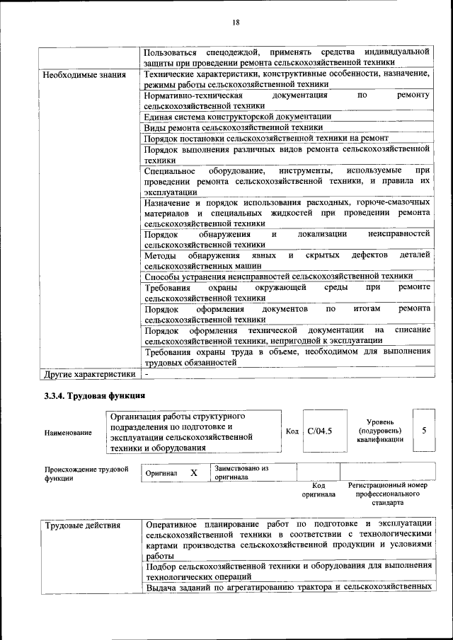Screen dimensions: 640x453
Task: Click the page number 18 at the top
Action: coord(236,23)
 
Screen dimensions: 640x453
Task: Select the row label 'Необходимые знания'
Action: coord(84,74)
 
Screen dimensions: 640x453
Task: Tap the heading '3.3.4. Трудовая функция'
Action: coord(94,395)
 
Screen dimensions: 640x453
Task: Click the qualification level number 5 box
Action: coord(423,430)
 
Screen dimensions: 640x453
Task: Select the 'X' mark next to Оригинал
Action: coord(193,472)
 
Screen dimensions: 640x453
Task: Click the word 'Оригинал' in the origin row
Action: coord(161,472)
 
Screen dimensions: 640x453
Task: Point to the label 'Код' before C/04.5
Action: coord(292,431)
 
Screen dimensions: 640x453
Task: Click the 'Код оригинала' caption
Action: coord(318,490)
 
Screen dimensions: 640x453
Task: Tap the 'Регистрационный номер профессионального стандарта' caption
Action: coord(388,494)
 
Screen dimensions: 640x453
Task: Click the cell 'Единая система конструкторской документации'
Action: coord(237,116)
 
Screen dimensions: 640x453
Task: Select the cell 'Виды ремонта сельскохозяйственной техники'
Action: coord(233,127)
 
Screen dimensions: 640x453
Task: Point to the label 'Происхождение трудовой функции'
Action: coord(86,473)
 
